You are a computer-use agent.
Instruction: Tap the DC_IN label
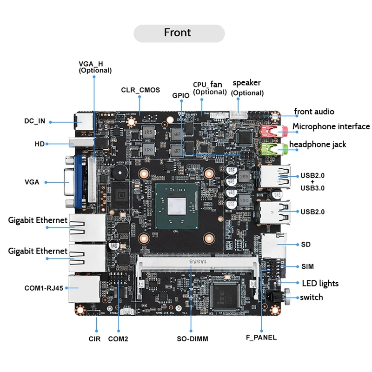click(35, 121)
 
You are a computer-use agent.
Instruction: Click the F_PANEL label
click(261, 337)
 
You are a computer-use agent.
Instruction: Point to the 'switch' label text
click(312, 297)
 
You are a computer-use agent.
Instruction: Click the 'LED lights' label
click(320, 283)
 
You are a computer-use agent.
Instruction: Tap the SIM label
click(307, 266)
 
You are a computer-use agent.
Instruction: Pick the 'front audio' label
click(314, 112)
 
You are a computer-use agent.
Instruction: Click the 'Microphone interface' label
click(331, 126)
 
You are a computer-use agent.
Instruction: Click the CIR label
click(94, 339)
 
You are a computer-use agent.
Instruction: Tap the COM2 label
click(118, 339)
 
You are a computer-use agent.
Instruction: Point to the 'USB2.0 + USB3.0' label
click(312, 182)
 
